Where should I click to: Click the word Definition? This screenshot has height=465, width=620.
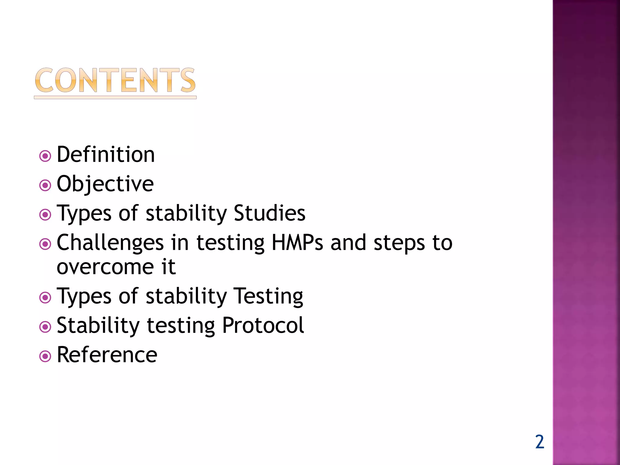click(x=106, y=155)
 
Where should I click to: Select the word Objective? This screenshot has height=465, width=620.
click(x=105, y=184)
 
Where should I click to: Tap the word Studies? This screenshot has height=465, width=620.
click(x=269, y=213)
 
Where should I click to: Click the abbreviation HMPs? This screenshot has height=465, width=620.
click(x=297, y=243)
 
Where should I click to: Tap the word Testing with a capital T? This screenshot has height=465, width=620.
click(x=268, y=296)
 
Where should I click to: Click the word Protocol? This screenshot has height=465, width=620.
click(x=263, y=325)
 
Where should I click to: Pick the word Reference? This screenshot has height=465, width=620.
click(x=107, y=355)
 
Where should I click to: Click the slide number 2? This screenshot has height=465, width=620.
click(x=539, y=442)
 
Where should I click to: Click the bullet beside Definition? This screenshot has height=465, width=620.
click(x=45, y=156)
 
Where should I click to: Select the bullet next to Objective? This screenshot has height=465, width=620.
click(x=45, y=185)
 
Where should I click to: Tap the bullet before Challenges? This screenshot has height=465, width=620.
click(x=45, y=244)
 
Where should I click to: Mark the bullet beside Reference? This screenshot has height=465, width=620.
click(x=45, y=356)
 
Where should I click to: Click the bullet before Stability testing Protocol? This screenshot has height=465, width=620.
click(x=45, y=327)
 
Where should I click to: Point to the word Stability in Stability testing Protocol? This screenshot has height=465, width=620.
click(x=98, y=325)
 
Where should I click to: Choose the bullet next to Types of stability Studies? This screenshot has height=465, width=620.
click(x=45, y=215)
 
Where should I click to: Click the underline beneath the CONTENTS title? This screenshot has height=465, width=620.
click(x=115, y=97)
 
